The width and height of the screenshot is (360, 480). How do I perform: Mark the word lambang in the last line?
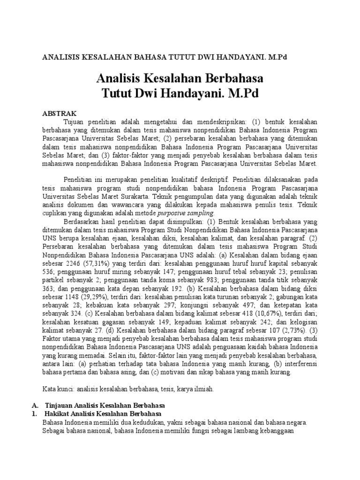[240, 431]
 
